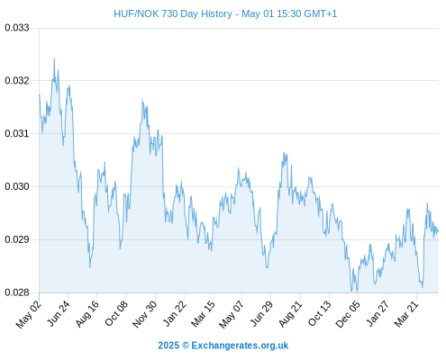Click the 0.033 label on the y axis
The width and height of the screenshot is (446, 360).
tap(17, 28)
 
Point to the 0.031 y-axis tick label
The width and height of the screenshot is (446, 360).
tap(17, 133)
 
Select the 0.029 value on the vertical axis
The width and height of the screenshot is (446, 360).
tap(17, 239)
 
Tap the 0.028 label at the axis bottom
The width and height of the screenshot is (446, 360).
tap(17, 292)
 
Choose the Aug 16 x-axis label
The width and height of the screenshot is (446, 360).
tap(87, 314)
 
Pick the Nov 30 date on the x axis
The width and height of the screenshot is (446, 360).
tap(145, 314)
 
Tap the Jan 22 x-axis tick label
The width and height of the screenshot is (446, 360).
tap(175, 313)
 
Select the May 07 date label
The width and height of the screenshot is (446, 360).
tap(232, 314)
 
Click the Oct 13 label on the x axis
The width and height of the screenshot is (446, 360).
tap(320, 313)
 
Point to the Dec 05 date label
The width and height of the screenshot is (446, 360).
tap(348, 314)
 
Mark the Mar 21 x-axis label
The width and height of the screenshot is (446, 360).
tap(406, 314)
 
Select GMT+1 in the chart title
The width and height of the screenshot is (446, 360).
tap(321, 13)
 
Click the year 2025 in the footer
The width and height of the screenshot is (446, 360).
tap(168, 346)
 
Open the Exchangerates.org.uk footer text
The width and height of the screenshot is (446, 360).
tap(240, 346)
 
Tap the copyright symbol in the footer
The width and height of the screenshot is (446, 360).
tap(186, 346)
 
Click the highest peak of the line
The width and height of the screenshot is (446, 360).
tap(54, 58)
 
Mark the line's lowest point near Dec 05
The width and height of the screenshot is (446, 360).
tap(357, 291)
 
